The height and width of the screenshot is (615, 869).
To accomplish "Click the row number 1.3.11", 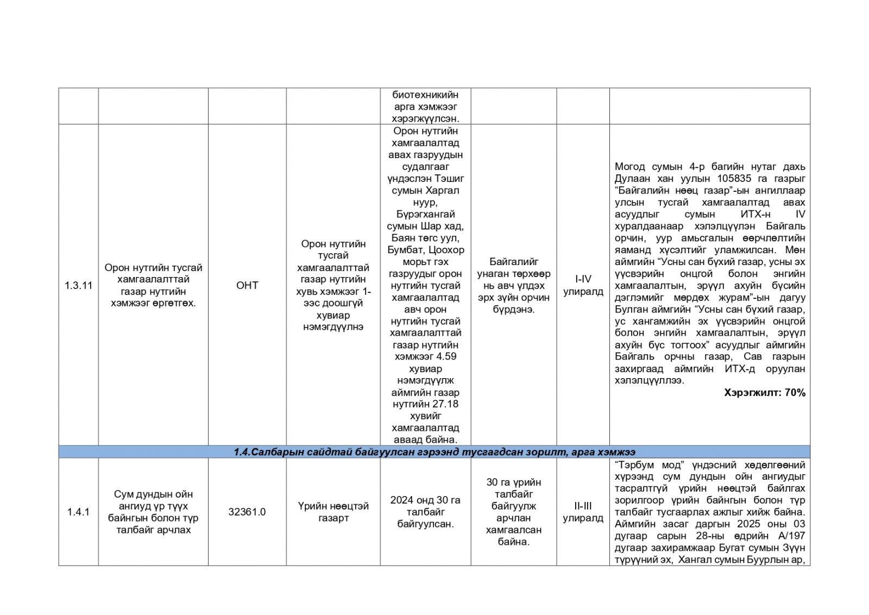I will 79,285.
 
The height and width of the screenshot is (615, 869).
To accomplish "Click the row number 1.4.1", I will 79,512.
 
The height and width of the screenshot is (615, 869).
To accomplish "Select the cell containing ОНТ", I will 247,285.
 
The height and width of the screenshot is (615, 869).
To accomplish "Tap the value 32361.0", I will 247,512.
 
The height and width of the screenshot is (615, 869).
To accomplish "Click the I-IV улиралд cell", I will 583,285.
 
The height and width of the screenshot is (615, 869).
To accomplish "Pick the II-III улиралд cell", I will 583,512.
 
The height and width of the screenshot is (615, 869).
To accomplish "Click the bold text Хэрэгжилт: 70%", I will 764,392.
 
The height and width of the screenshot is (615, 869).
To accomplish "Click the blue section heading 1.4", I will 434,452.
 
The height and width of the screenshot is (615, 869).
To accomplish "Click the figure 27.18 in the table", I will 445,404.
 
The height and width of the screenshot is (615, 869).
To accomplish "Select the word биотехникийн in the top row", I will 425,95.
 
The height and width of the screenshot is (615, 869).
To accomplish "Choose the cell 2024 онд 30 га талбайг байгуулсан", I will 425,512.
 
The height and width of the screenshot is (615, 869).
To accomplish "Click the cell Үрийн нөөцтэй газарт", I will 333,512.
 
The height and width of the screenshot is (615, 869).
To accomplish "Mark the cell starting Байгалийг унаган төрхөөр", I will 513,285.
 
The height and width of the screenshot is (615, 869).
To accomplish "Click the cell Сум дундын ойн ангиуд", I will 153,512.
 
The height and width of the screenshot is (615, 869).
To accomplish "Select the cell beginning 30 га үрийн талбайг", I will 513,512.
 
